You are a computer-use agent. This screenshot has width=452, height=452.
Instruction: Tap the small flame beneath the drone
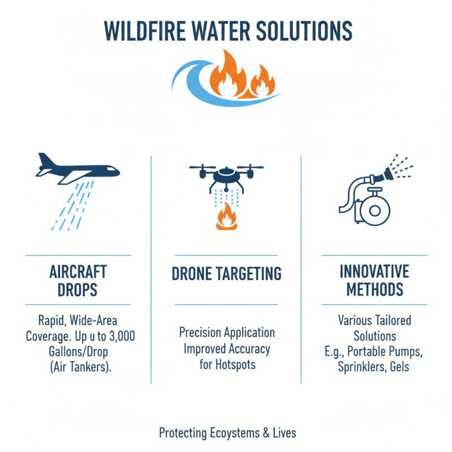pyautogui.click(x=226, y=217)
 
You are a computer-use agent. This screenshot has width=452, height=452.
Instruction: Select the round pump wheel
pyautogui.click(x=373, y=211)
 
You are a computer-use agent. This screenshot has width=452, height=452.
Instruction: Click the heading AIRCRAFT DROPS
pyautogui.click(x=78, y=280)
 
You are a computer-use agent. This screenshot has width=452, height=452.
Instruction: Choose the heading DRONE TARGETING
pyautogui.click(x=226, y=274)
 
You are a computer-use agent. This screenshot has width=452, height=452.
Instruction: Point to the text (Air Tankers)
pyautogui.click(x=77, y=364)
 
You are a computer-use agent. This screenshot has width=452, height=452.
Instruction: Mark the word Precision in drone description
pyautogui.click(x=201, y=332)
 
